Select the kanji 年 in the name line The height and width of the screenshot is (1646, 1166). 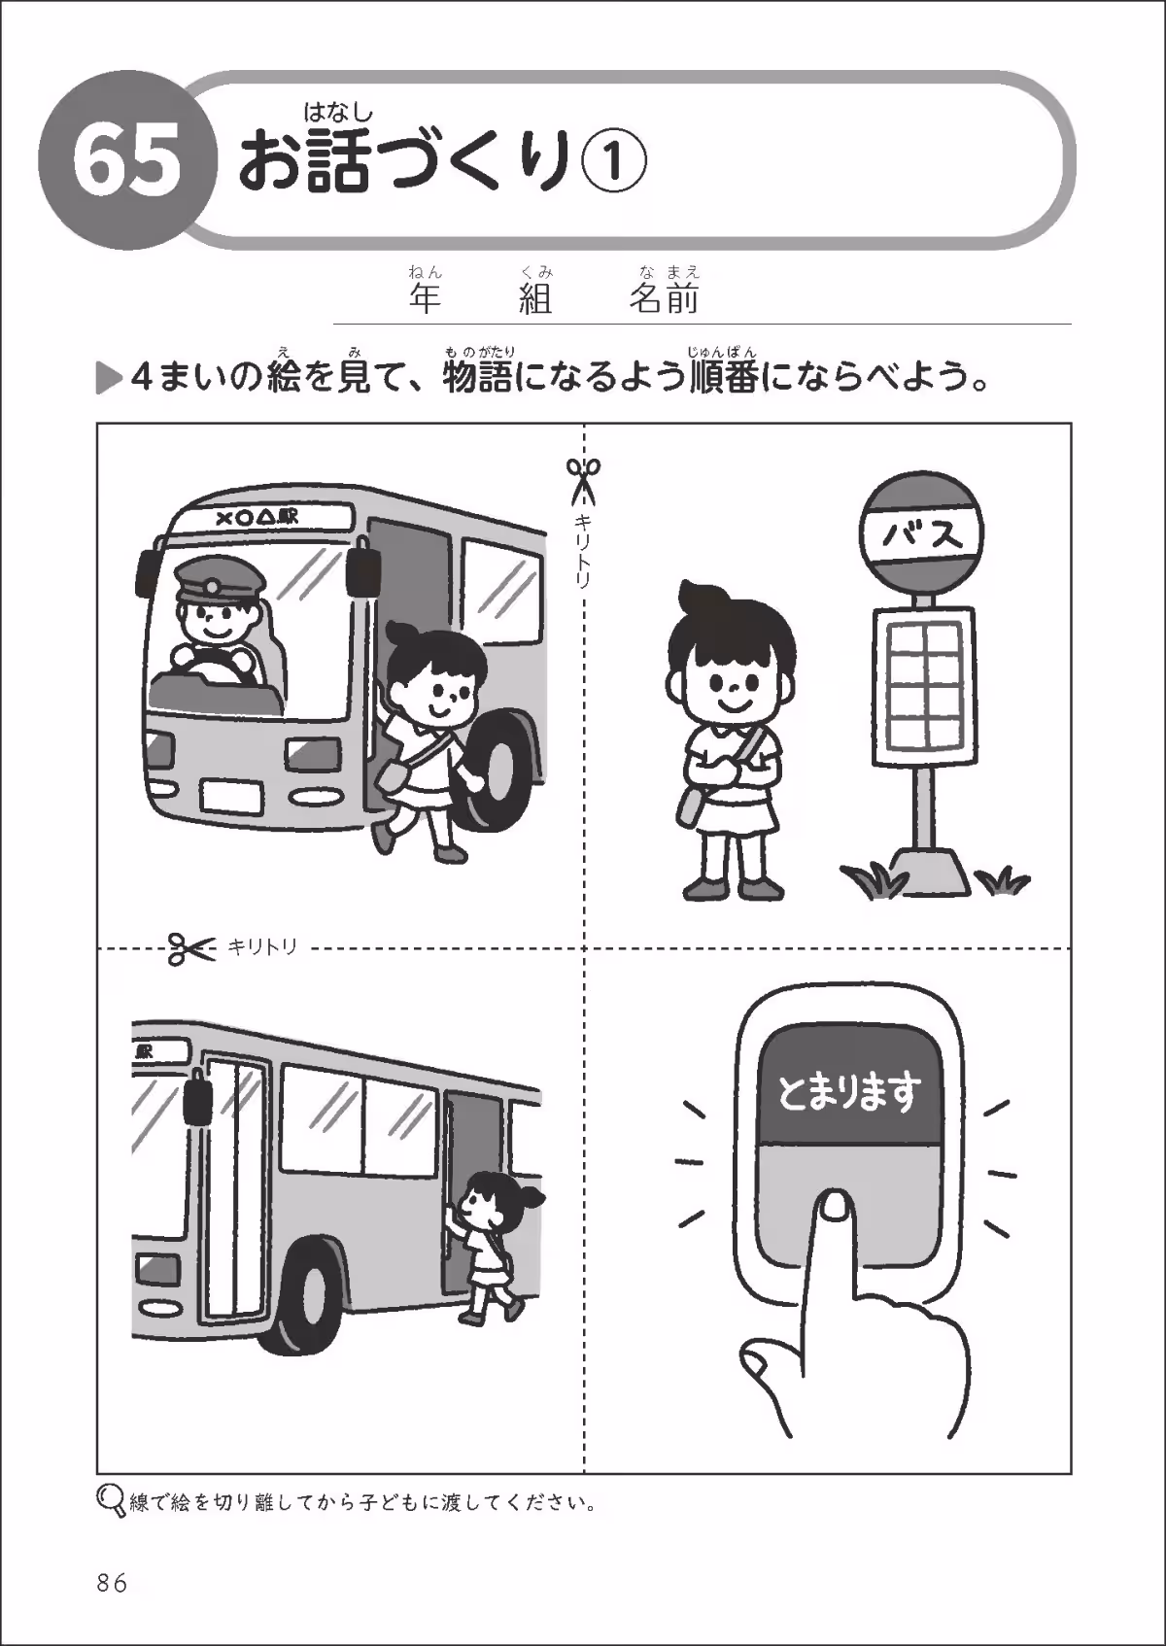coord(426,298)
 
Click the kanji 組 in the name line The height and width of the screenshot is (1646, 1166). coord(536,298)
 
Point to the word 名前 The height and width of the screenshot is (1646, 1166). coord(664,298)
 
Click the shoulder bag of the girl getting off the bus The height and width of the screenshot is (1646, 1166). coord(396,772)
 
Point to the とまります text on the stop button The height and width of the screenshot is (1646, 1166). coord(848,1094)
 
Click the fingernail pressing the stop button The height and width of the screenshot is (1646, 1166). coord(834,1206)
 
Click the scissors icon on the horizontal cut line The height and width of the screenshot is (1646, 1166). coord(190,947)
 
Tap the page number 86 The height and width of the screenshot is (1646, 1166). coord(112,1583)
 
